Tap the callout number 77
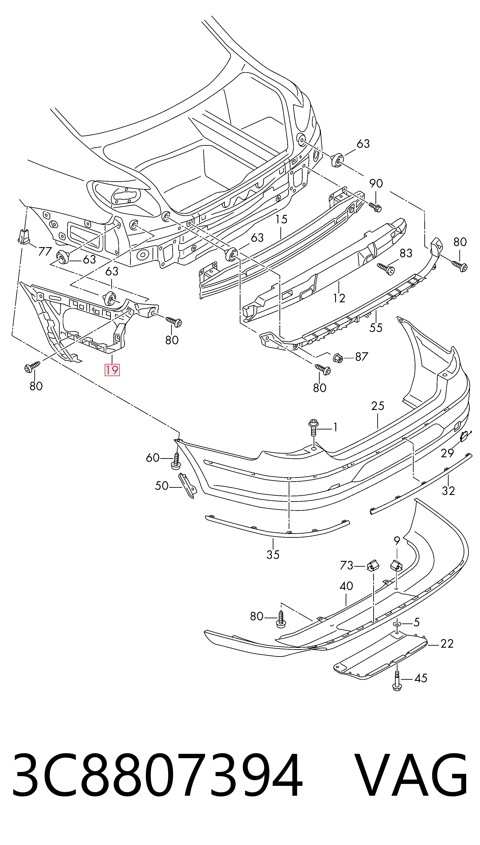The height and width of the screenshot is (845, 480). (x=45, y=251)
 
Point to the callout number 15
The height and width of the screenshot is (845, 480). (x=281, y=219)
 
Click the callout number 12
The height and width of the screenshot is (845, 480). (x=339, y=298)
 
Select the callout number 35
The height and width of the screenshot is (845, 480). (x=273, y=555)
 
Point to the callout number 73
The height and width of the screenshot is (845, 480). (x=347, y=566)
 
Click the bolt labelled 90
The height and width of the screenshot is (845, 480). (x=375, y=206)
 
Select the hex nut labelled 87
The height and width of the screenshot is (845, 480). (x=338, y=357)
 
